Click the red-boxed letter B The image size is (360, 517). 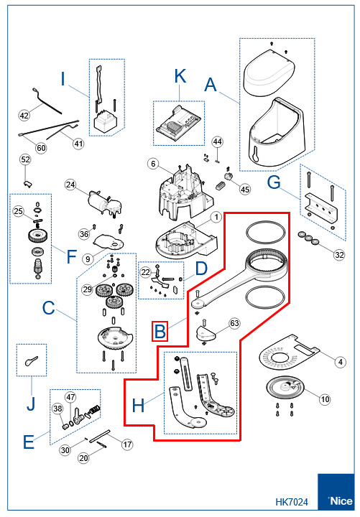click(x=160, y=331)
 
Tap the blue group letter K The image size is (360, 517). click(x=180, y=76)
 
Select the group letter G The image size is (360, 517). click(x=274, y=182)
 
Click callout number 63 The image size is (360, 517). click(x=234, y=323)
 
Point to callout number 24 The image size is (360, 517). click(x=70, y=185)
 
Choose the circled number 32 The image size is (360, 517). click(x=339, y=255)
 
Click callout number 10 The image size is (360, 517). click(x=325, y=399)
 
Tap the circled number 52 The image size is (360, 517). click(x=25, y=159)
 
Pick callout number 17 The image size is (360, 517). click(x=127, y=444)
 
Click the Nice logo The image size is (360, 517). click(x=336, y=492)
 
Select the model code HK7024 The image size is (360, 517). click(x=292, y=502)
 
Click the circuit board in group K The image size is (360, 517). click(x=178, y=122)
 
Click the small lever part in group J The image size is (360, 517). click(x=31, y=360)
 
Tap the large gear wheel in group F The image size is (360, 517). click(x=38, y=236)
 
